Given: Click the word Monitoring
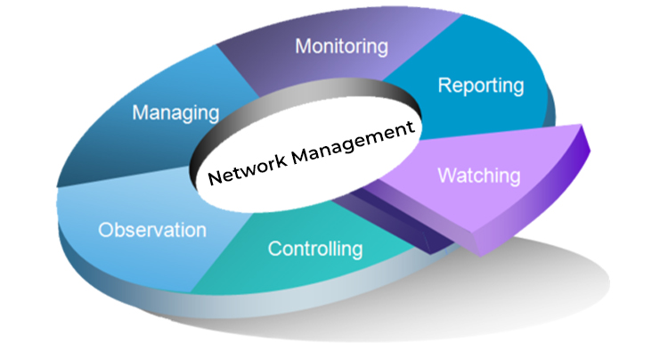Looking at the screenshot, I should (x=342, y=45).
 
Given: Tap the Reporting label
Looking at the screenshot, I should (x=481, y=86).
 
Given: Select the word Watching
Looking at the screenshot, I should (x=478, y=176).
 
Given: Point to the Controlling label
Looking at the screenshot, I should (x=315, y=249).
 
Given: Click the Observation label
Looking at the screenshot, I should (x=152, y=231).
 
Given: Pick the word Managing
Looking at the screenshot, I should (x=175, y=113).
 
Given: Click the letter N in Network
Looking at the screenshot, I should (x=213, y=176).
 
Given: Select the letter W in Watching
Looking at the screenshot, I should (x=445, y=176).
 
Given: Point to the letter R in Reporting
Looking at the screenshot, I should (x=444, y=86).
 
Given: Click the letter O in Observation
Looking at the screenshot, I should (x=105, y=231).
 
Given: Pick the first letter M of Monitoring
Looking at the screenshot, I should (x=302, y=45).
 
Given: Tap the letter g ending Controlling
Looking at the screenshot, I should (x=357, y=251).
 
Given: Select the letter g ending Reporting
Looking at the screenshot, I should (x=518, y=89).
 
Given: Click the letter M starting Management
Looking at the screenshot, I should (x=296, y=156).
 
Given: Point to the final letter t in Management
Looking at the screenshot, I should (x=412, y=127).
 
